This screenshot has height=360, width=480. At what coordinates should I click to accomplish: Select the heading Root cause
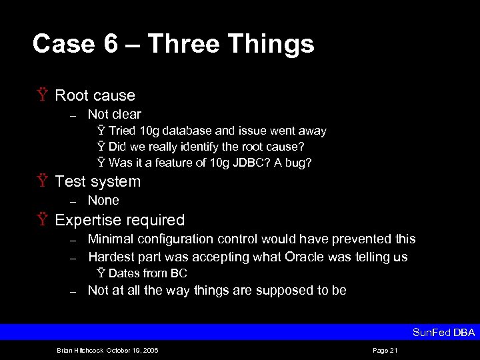[95, 95]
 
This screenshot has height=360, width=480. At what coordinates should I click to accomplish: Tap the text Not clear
[114, 114]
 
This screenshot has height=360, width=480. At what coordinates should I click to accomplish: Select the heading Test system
[97, 181]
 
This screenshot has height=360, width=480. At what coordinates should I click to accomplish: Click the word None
[103, 200]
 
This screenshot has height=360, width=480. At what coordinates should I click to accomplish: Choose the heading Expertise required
[119, 220]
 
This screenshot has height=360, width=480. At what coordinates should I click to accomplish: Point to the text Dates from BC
[147, 273]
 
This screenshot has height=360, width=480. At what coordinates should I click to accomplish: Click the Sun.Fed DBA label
[443, 333]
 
